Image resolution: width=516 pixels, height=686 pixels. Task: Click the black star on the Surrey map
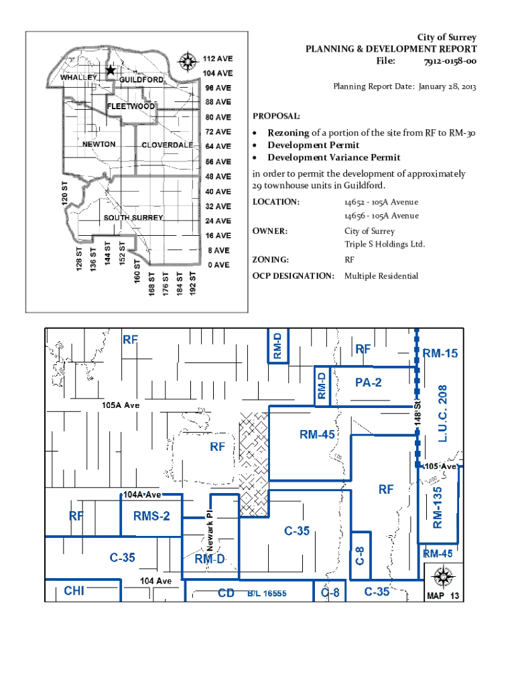[x=111, y=70]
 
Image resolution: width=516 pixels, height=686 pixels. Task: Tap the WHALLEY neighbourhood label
[x=78, y=78]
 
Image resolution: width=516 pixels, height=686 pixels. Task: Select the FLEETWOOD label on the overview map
[x=131, y=107]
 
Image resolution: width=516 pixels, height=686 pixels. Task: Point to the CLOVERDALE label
[x=167, y=145]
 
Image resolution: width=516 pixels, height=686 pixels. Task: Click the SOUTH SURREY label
[x=133, y=218]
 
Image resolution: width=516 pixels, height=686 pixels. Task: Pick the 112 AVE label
[x=218, y=59]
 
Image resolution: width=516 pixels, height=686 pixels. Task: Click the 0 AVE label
[x=218, y=265]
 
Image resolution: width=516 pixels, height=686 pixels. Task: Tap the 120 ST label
[x=65, y=193]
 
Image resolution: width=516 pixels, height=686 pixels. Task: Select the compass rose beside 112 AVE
[x=188, y=62]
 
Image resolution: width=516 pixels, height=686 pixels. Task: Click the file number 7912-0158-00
[x=450, y=61]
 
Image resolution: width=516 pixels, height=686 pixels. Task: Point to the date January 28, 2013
[x=447, y=86]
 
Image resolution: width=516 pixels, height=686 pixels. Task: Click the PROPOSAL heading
[x=276, y=117]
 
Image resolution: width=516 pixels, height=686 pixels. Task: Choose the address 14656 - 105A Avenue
[x=381, y=216]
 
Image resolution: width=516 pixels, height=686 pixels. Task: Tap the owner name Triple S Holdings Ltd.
[x=384, y=244]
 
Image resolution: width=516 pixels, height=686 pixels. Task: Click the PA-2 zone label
[x=368, y=383]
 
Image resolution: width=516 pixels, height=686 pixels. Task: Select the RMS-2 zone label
[x=151, y=517]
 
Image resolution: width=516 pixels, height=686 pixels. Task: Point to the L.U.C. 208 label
[x=442, y=413]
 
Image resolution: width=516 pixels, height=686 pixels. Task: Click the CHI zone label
[x=74, y=591]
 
